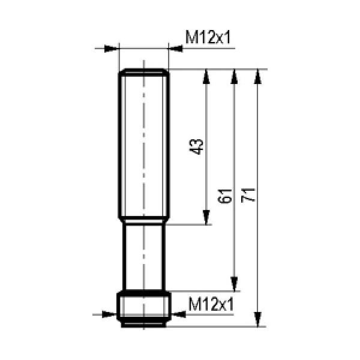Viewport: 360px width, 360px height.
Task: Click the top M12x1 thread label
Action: tap(208, 37)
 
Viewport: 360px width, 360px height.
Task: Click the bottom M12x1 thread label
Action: tap(211, 304)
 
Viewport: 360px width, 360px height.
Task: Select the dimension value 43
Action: tap(196, 147)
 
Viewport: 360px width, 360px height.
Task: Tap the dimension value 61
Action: tap(224, 196)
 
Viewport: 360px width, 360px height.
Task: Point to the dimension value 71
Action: tap(248, 195)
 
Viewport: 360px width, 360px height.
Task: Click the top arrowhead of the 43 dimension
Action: tap(206, 76)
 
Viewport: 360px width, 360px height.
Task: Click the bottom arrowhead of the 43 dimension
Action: tap(206, 217)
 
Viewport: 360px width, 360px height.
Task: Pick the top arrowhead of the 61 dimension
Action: tap(234, 76)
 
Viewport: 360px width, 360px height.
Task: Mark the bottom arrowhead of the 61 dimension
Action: tap(234, 284)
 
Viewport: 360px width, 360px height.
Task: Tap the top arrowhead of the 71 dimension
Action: tap(258, 76)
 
